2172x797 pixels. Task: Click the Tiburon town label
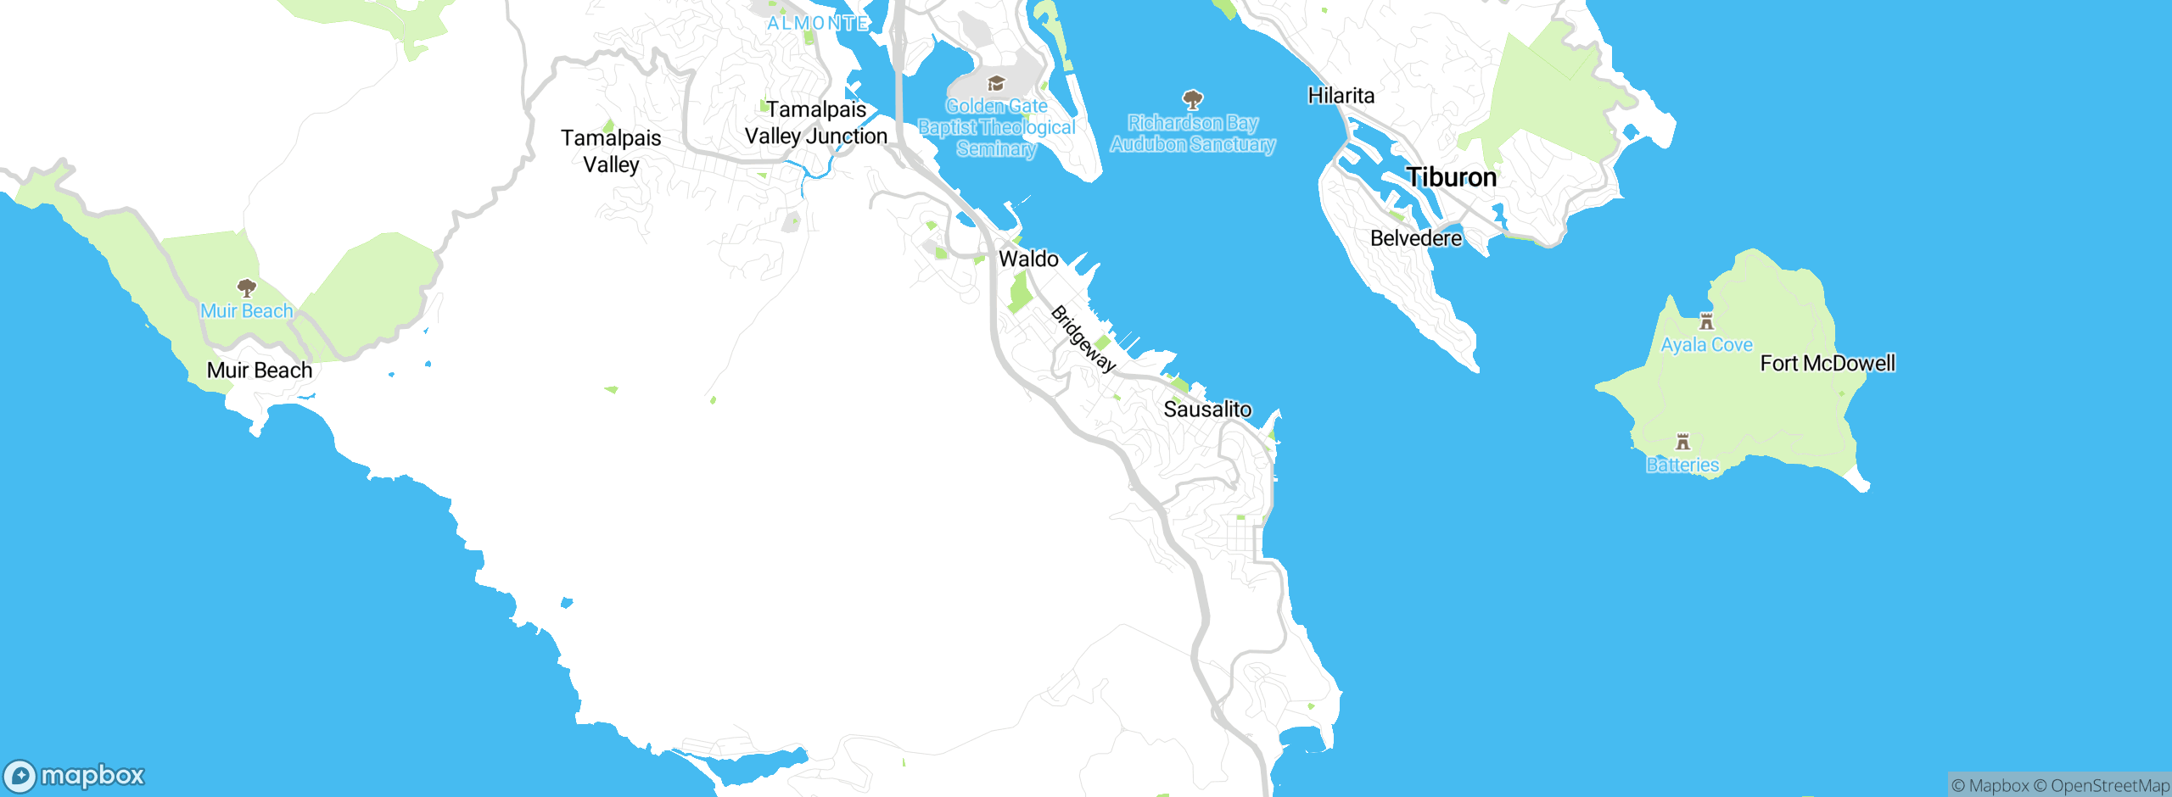tap(1451, 177)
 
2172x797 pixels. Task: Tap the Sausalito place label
tap(1206, 410)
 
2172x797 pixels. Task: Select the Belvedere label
tap(1415, 238)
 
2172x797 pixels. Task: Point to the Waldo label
tap(1028, 259)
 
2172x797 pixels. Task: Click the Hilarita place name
tap(1341, 96)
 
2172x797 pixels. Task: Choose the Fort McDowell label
tap(1827, 364)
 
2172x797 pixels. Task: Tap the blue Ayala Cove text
tap(1706, 345)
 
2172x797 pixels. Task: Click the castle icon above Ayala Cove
tap(1706, 321)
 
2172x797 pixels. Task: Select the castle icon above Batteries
tap(1682, 442)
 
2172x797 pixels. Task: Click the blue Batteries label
tap(1682, 465)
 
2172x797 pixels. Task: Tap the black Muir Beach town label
tap(260, 371)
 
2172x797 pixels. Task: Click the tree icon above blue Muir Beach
tap(246, 287)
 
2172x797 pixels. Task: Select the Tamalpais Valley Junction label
tap(815, 123)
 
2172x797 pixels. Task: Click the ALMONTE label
tap(817, 23)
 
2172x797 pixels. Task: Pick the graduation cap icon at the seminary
tap(996, 83)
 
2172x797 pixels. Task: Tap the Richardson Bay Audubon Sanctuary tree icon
tap(1192, 100)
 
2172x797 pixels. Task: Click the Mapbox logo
tap(75, 775)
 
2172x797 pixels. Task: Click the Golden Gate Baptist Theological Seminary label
tap(996, 128)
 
